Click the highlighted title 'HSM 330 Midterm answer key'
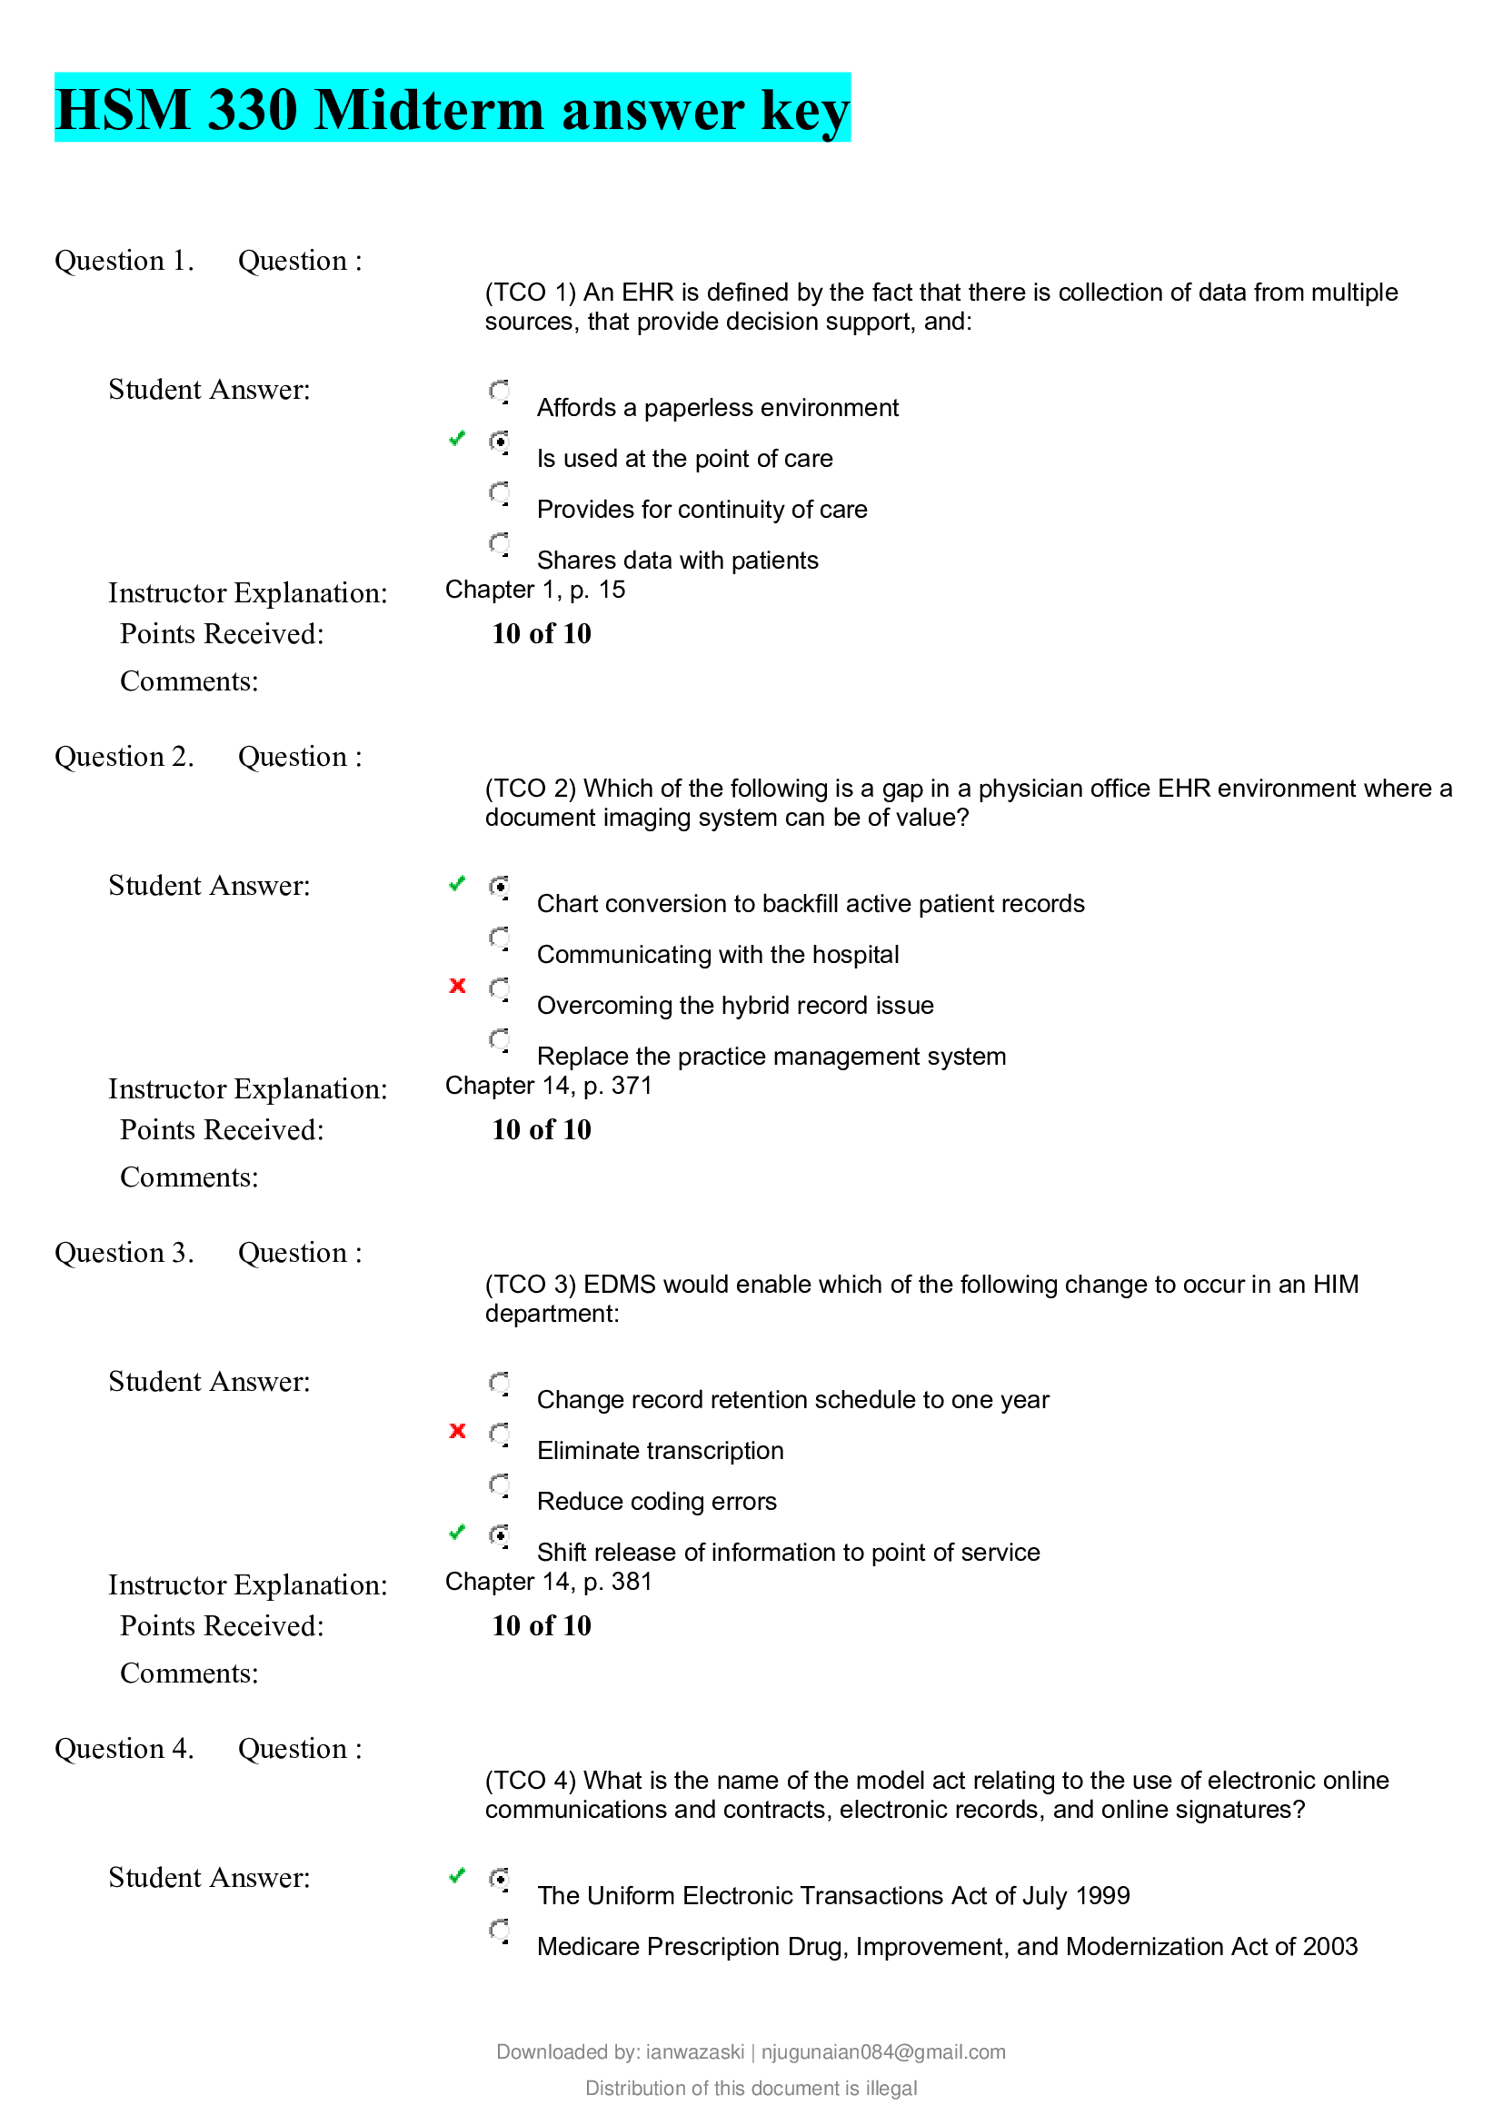click(x=452, y=109)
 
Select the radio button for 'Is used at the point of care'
click(x=500, y=442)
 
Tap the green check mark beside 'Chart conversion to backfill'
click(x=456, y=884)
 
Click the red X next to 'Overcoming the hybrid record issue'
click(x=457, y=986)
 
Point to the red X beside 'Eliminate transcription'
click(x=457, y=1431)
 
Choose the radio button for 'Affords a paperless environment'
click(x=500, y=392)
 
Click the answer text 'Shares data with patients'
click(x=677, y=560)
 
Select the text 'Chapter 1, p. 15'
click(x=535, y=590)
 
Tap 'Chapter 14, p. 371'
click(x=548, y=1086)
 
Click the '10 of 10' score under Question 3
click(x=542, y=1625)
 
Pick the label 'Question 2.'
click(x=124, y=757)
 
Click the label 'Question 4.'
click(x=124, y=1749)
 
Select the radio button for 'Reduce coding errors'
click(x=500, y=1485)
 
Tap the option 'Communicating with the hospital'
click(x=717, y=954)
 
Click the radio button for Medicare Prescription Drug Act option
click(x=500, y=1931)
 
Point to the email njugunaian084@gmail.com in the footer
click(x=883, y=2052)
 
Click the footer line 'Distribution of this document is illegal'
click(x=751, y=2088)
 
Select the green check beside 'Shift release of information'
click(x=456, y=1533)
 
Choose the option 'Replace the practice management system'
click(x=771, y=1056)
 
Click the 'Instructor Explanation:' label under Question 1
click(x=248, y=593)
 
